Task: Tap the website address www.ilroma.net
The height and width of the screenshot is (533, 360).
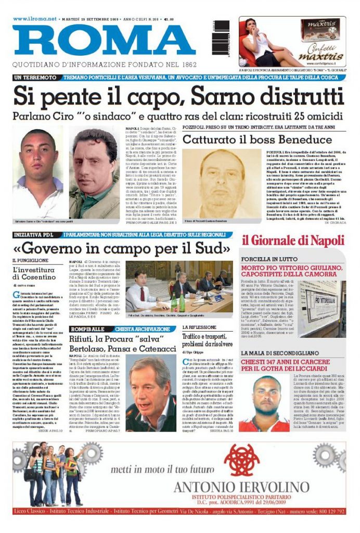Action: [35, 19]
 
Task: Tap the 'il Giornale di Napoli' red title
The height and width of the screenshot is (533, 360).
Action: [293, 240]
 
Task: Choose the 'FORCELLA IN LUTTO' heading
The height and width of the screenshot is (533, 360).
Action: [271, 258]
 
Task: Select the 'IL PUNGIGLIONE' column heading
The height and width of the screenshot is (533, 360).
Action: [31, 260]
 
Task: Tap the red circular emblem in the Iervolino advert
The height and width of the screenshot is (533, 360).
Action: [241, 460]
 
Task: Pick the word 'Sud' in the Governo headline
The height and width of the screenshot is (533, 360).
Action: [214, 246]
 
